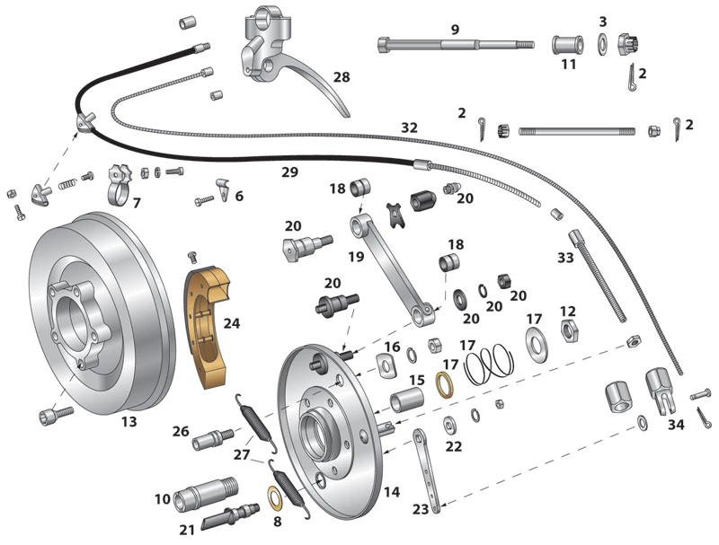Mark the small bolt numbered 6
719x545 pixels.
coord(206,199)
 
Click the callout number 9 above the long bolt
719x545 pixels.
coord(455,29)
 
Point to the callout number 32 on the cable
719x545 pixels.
coord(409,128)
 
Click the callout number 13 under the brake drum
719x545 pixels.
coord(129,421)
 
